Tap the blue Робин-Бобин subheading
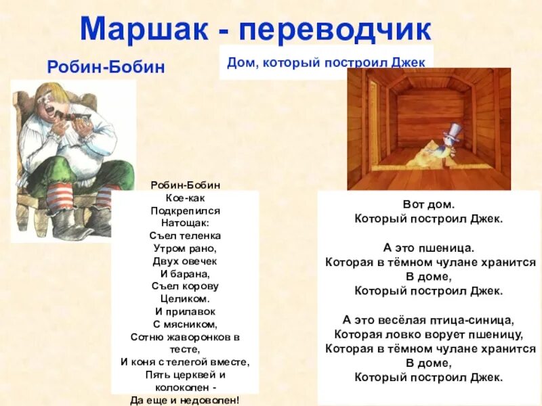point(106,67)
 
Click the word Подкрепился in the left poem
point(185,210)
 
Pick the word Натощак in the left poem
point(185,223)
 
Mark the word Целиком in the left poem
point(185,298)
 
